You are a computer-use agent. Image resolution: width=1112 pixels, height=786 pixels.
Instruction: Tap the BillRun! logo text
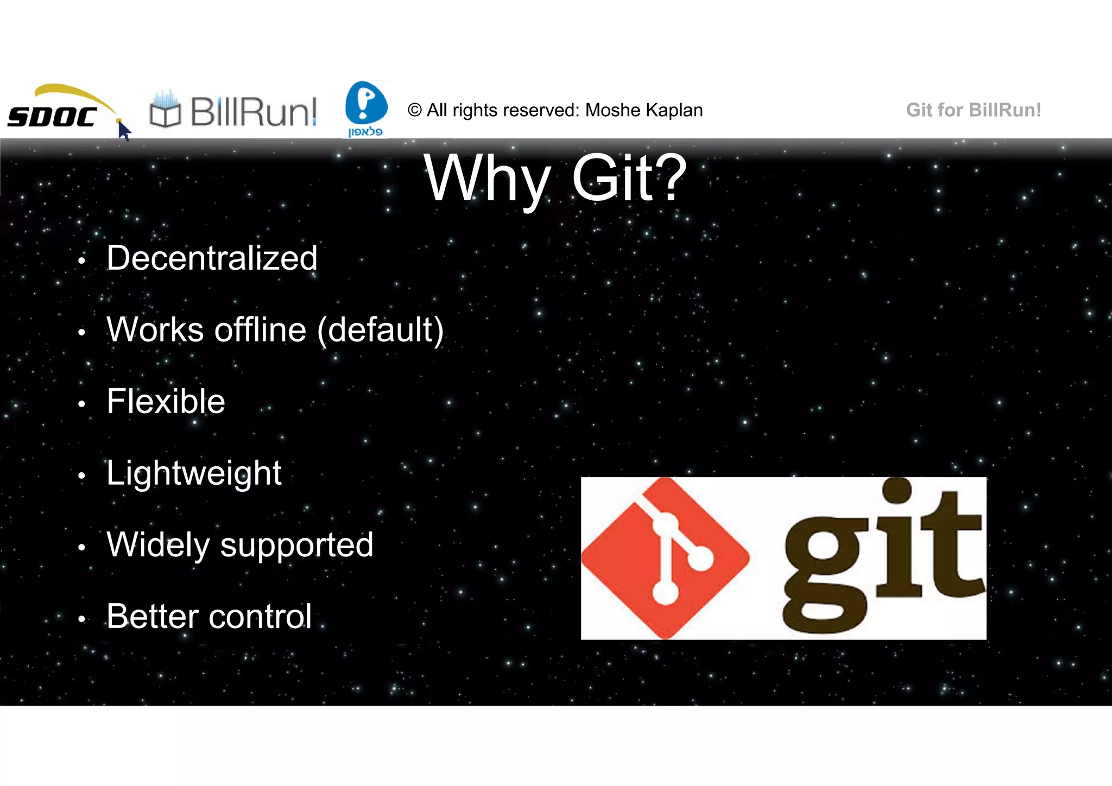[x=253, y=112]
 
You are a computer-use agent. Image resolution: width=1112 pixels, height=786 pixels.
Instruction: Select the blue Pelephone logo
[x=366, y=107]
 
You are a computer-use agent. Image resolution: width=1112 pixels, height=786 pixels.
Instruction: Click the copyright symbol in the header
[x=414, y=110]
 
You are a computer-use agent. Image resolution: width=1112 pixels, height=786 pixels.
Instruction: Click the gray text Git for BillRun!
[x=973, y=110]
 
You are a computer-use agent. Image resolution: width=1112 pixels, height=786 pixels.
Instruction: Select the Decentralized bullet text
[x=212, y=258]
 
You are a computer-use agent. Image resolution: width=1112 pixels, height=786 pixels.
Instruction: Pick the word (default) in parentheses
[x=380, y=329]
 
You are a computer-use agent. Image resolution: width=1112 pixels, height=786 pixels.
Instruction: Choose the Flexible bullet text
[x=166, y=402]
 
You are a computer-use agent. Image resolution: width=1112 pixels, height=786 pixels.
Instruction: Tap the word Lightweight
[x=194, y=473]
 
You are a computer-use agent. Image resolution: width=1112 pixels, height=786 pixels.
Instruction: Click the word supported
[x=296, y=545]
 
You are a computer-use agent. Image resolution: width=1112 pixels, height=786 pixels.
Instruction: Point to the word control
[x=260, y=617]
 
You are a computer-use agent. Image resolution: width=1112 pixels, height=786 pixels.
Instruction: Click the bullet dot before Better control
[x=81, y=619]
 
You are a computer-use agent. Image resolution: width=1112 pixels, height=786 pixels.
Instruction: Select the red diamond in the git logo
[x=665, y=558]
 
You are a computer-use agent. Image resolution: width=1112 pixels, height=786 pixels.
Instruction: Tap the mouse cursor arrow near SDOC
[x=124, y=131]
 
